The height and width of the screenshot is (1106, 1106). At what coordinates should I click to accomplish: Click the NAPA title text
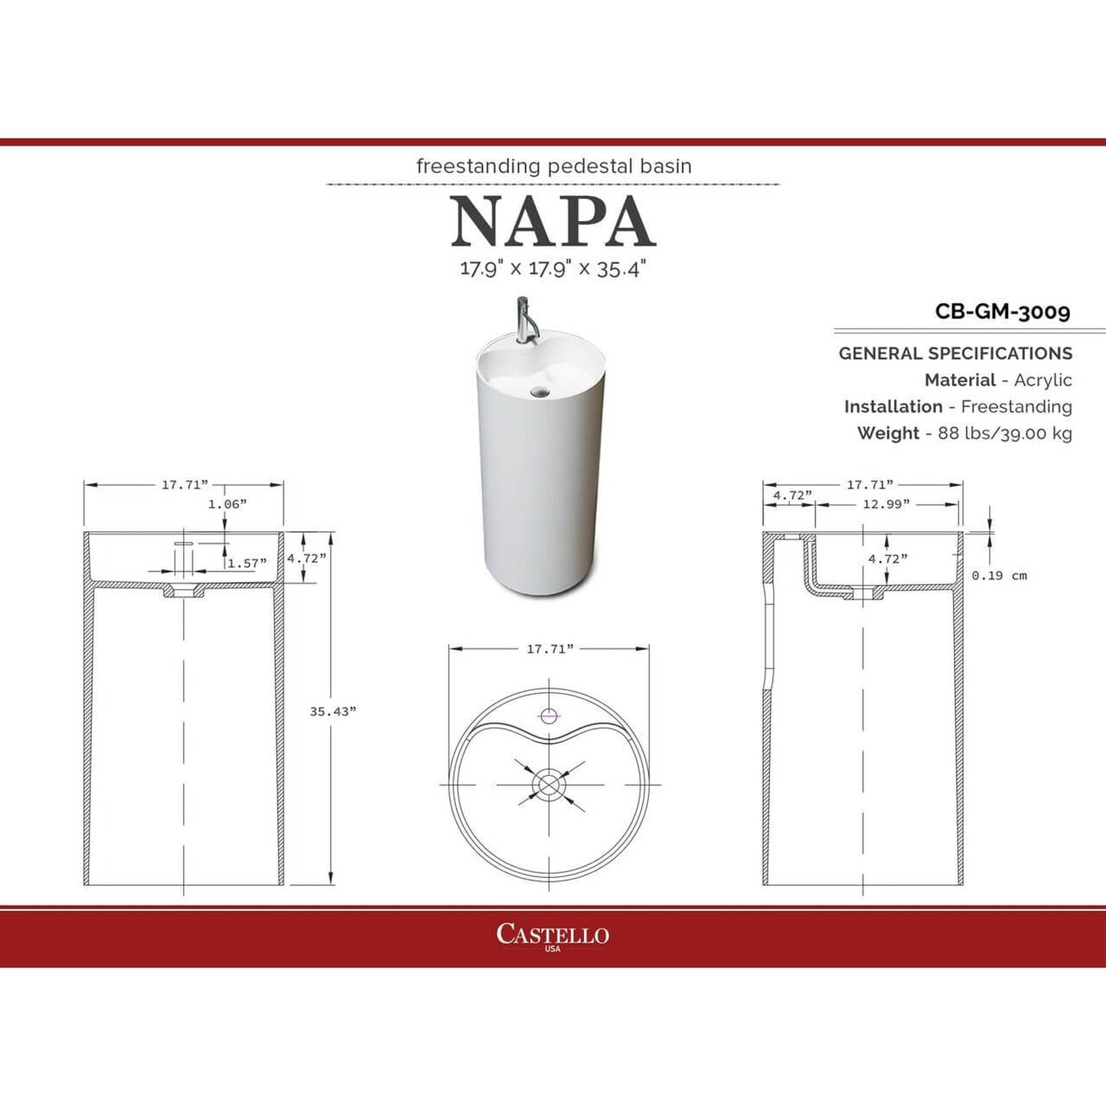pos(553,222)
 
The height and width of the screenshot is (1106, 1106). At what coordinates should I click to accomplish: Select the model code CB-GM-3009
pos(1002,312)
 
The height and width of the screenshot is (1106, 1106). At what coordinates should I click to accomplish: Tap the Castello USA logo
pos(553,935)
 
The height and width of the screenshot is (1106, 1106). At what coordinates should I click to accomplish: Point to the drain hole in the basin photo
pos(540,393)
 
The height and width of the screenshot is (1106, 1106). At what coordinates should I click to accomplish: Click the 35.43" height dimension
pos(332,711)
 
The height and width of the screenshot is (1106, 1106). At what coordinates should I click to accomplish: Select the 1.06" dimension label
pos(227,504)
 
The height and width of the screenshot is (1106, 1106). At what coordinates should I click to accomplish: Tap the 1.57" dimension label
pos(247,563)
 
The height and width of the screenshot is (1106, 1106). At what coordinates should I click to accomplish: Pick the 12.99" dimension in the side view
pos(886,504)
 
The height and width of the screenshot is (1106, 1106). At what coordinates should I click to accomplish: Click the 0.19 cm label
pos(999,576)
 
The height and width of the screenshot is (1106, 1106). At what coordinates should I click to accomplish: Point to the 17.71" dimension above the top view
pos(550,649)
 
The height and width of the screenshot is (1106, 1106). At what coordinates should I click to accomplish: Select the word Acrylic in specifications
pos(1042,380)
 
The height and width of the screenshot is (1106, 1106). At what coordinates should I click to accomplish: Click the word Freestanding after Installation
pos(1016,406)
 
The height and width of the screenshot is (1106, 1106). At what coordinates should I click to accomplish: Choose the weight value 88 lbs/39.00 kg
pos(1004,433)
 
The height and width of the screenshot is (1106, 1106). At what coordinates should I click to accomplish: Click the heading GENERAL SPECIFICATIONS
pos(955,354)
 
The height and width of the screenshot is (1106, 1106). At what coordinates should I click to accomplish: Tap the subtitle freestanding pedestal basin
pos(553,166)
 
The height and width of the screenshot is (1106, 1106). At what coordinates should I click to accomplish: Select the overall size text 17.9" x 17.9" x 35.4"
pos(553,269)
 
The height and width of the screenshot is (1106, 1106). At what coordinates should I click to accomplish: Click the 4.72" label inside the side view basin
pos(887,559)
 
